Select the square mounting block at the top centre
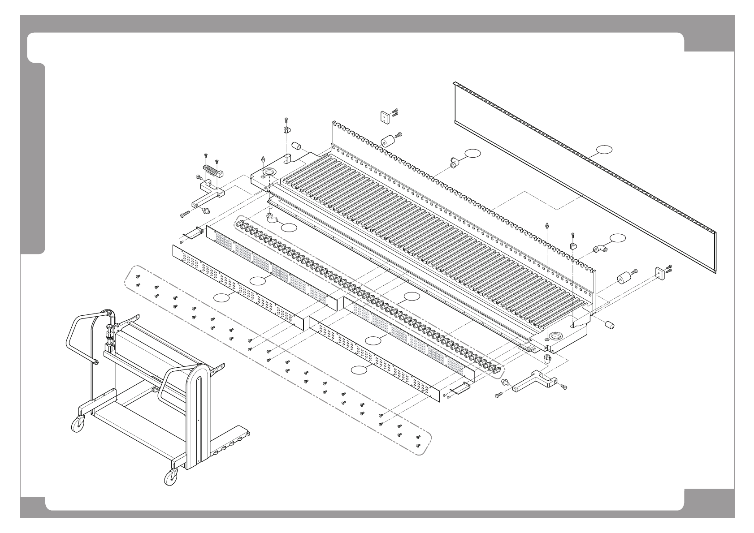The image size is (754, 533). tap(385, 117)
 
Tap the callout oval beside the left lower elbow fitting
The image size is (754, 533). tap(289, 227)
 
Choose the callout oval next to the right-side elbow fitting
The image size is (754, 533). tap(619, 237)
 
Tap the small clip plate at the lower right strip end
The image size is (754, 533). tap(459, 388)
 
